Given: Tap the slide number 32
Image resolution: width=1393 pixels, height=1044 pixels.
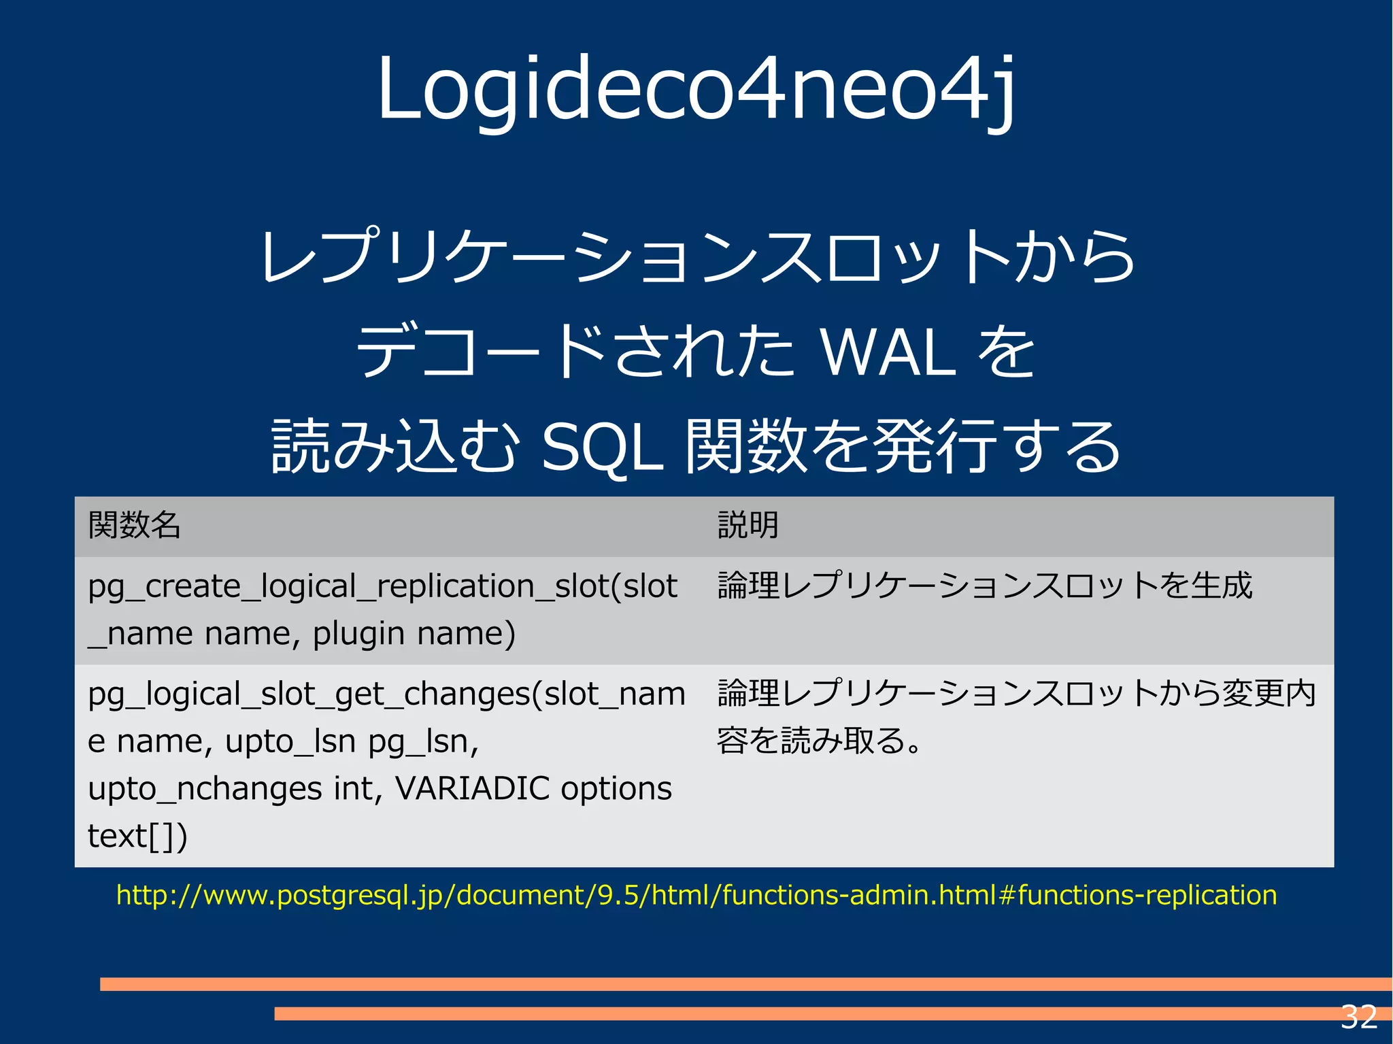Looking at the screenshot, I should (1358, 1017).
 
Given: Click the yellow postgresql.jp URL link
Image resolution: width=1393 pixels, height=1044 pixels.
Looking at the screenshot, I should (696, 895).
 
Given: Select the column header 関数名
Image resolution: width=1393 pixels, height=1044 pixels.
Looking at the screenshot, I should (134, 525).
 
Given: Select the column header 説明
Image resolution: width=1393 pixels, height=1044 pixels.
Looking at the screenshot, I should (748, 525).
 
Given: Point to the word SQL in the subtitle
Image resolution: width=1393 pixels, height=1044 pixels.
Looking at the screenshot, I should (601, 447).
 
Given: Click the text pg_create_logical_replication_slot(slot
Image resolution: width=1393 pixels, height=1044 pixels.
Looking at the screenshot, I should (382, 586).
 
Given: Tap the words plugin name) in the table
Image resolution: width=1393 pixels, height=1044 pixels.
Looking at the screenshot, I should (414, 634).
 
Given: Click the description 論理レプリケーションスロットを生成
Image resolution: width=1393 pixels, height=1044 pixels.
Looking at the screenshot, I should (984, 586).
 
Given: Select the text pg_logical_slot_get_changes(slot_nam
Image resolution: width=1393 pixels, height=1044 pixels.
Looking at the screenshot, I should (386, 694).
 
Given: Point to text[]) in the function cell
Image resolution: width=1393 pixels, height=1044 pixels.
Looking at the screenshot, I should (137, 836).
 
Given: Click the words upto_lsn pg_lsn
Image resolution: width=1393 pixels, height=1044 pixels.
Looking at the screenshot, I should (352, 741).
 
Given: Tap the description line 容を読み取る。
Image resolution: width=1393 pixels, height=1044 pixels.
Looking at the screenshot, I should (819, 741).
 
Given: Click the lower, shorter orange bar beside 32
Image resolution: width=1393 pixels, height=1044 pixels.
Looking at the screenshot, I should (803, 1013).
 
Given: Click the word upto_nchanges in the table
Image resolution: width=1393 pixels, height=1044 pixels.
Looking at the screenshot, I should (205, 789).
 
